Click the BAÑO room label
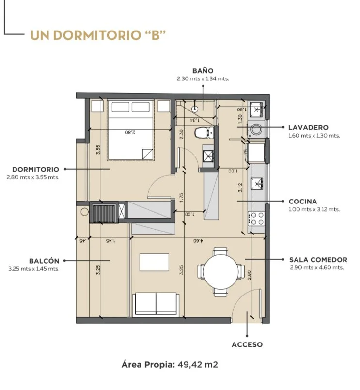[203, 71]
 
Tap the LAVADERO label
[308, 127]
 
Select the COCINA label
[303, 201]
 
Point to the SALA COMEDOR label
[318, 260]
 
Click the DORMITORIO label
[35, 170]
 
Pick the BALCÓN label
[44, 261]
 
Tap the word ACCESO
[247, 344]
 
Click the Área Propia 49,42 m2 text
[170, 365]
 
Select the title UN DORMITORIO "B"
[98, 35]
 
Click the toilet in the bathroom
[204, 133]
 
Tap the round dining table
[220, 272]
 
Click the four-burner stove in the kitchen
[256, 218]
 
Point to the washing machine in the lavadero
[256, 129]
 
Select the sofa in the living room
[156, 304]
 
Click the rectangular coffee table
[154, 262]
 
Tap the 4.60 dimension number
[198, 241]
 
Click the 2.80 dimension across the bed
[130, 132]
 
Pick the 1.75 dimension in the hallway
[181, 198]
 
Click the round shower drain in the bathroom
[195, 109]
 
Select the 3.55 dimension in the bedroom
[98, 150]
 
